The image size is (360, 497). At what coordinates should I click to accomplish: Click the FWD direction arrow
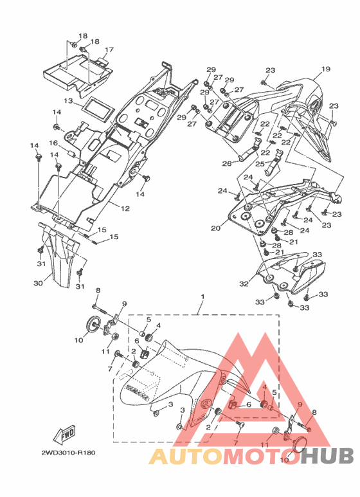(x=64, y=435)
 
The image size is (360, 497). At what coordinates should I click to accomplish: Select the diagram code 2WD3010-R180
(x=68, y=453)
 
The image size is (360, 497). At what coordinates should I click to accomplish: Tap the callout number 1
(x=203, y=297)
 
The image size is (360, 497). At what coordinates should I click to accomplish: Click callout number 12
(x=125, y=208)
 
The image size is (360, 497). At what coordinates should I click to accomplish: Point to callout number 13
(x=68, y=101)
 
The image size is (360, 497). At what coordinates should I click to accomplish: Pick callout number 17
(x=109, y=50)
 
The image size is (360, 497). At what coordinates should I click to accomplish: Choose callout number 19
(x=325, y=69)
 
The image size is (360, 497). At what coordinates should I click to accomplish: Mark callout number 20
(x=215, y=228)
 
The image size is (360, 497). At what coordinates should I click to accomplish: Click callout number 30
(x=38, y=283)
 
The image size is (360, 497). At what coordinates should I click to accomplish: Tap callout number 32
(x=244, y=284)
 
